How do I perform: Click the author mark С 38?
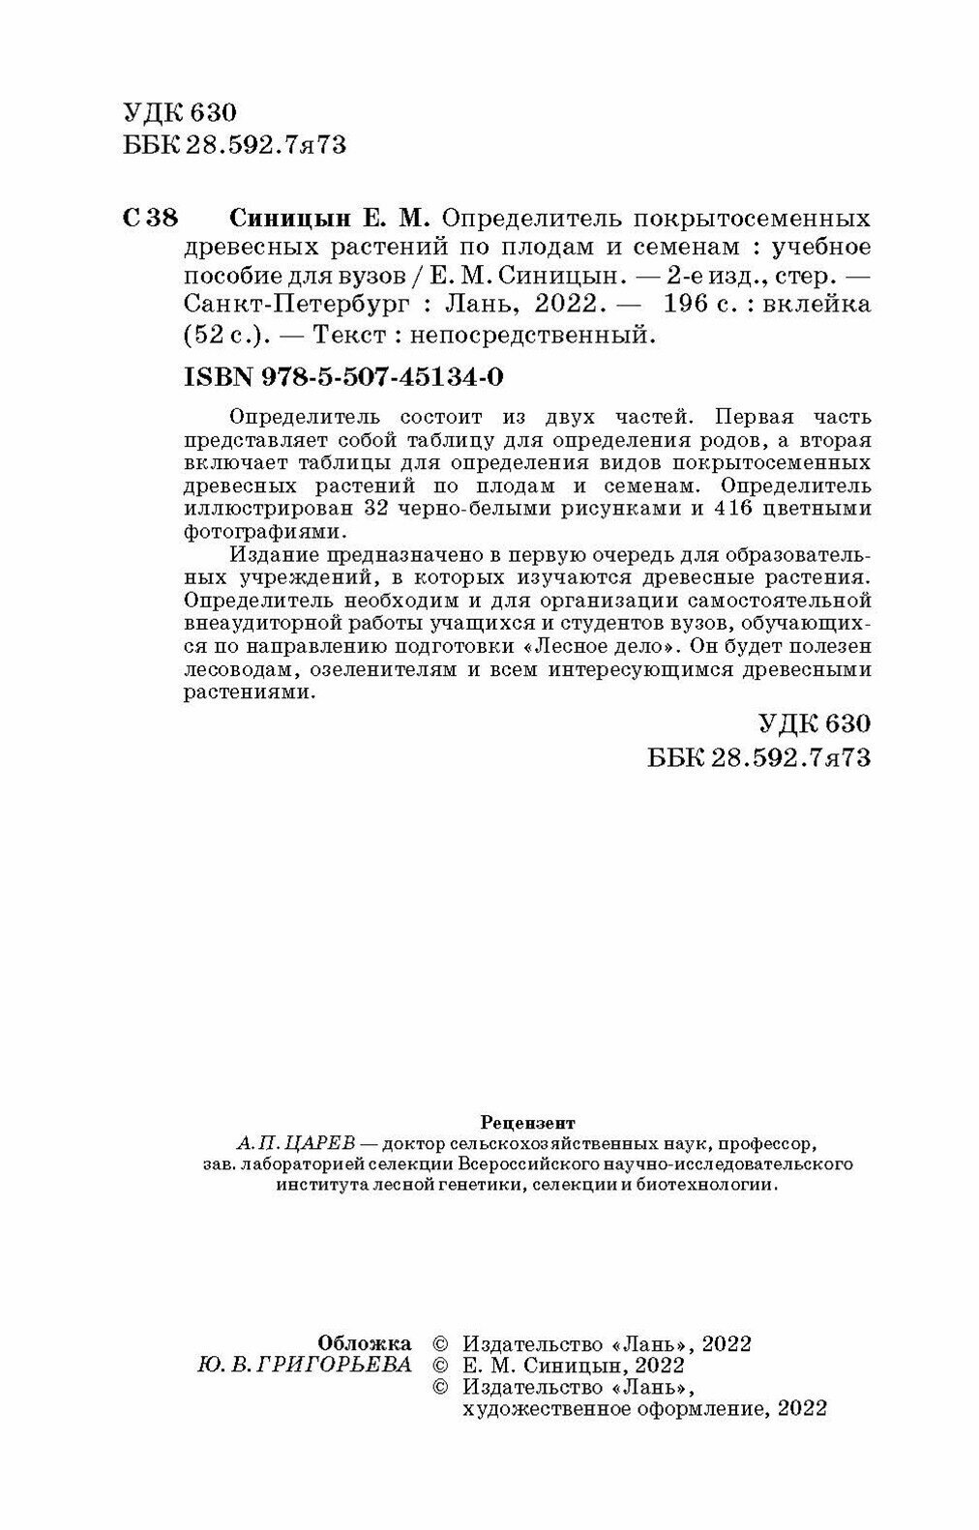click(x=151, y=218)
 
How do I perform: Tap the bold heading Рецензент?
click(x=527, y=1123)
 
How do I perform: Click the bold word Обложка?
click(x=364, y=1343)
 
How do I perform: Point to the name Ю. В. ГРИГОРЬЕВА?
click(x=304, y=1365)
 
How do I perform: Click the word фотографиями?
click(x=262, y=532)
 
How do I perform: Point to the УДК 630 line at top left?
click(x=180, y=113)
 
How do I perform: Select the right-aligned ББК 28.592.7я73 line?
click(x=758, y=757)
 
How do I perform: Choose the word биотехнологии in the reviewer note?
click(x=703, y=1186)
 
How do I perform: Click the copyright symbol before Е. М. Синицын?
click(x=440, y=1365)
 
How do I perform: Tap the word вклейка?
click(x=817, y=306)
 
